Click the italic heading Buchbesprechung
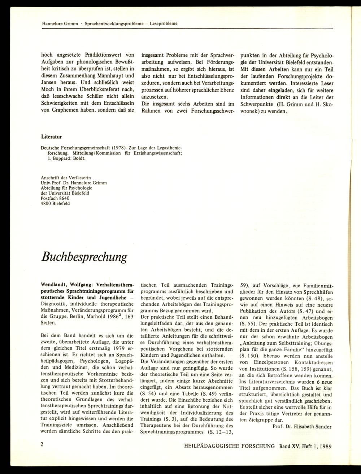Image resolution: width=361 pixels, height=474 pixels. point(84,257)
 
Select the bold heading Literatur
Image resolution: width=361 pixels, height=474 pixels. point(52,137)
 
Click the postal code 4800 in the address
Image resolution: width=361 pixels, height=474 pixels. point(47,203)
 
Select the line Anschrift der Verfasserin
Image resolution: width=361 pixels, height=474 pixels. point(66,178)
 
